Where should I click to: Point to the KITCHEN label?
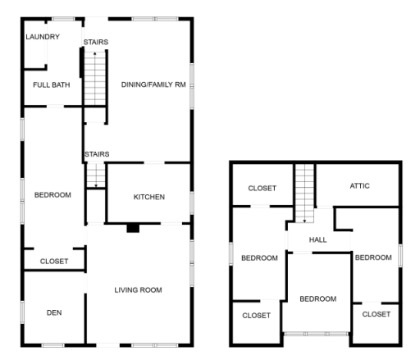149,197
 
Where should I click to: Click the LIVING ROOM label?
138,289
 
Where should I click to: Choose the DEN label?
54,312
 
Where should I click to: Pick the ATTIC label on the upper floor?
360,186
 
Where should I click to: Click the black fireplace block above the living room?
132,229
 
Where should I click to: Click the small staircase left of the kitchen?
97,175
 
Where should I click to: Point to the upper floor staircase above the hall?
305,192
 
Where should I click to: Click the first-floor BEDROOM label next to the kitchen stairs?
52,194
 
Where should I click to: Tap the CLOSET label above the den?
54,262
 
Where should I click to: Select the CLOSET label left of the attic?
262,188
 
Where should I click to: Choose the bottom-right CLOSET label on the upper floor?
377,314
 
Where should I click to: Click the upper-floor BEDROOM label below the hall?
317,298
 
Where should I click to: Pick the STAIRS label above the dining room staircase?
96,42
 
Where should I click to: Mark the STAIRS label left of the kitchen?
96,153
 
